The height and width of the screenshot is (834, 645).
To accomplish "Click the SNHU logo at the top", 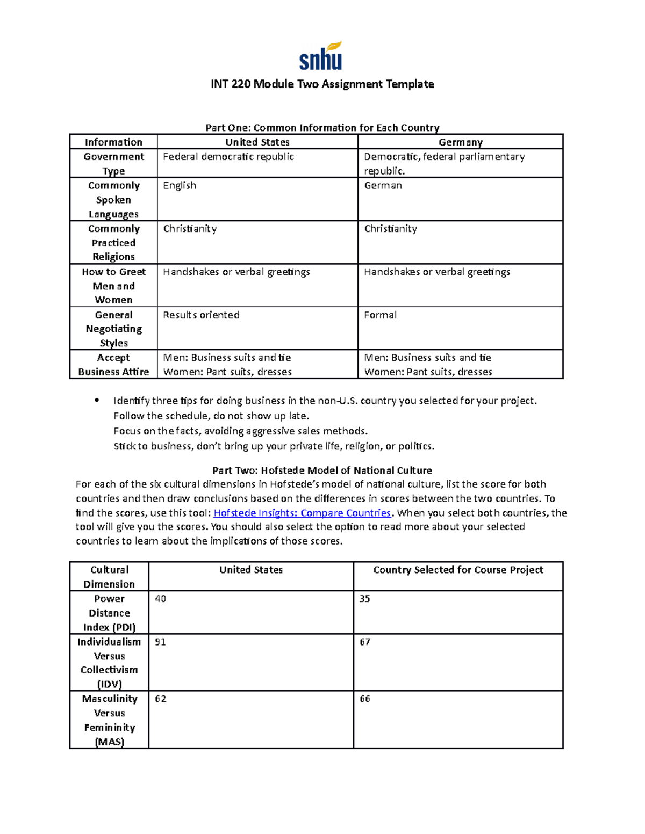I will [x=321, y=56].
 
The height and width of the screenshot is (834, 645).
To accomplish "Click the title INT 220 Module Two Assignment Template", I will [x=322, y=84].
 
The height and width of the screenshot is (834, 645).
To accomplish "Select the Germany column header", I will [x=460, y=142].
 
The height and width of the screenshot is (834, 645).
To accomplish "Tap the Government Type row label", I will [x=113, y=163].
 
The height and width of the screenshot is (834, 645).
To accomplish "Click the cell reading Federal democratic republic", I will [x=228, y=157].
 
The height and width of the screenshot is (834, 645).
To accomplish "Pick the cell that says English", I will [x=180, y=186].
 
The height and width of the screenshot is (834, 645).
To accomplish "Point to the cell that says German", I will [x=383, y=186].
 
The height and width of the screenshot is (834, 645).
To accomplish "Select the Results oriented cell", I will [x=201, y=315].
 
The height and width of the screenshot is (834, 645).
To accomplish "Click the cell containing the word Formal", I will [x=380, y=315].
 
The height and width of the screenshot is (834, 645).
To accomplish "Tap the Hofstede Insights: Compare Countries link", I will [x=302, y=513].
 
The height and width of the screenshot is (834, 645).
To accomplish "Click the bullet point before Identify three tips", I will [x=97, y=400].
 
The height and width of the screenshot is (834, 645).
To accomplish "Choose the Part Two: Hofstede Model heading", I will [x=322, y=470].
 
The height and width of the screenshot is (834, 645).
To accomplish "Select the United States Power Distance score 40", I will [x=160, y=599].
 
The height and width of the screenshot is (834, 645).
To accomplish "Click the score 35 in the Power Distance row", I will [x=365, y=599].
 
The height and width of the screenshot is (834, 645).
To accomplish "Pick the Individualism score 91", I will [x=160, y=642].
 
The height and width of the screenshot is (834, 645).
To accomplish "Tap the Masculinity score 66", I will [x=365, y=699].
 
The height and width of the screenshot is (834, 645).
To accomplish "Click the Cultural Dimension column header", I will [x=109, y=577].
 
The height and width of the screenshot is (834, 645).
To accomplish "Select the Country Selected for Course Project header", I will [x=458, y=570].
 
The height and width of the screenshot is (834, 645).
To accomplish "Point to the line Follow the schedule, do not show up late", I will [x=211, y=416].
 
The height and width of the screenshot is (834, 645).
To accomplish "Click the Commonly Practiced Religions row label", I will [x=113, y=243].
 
